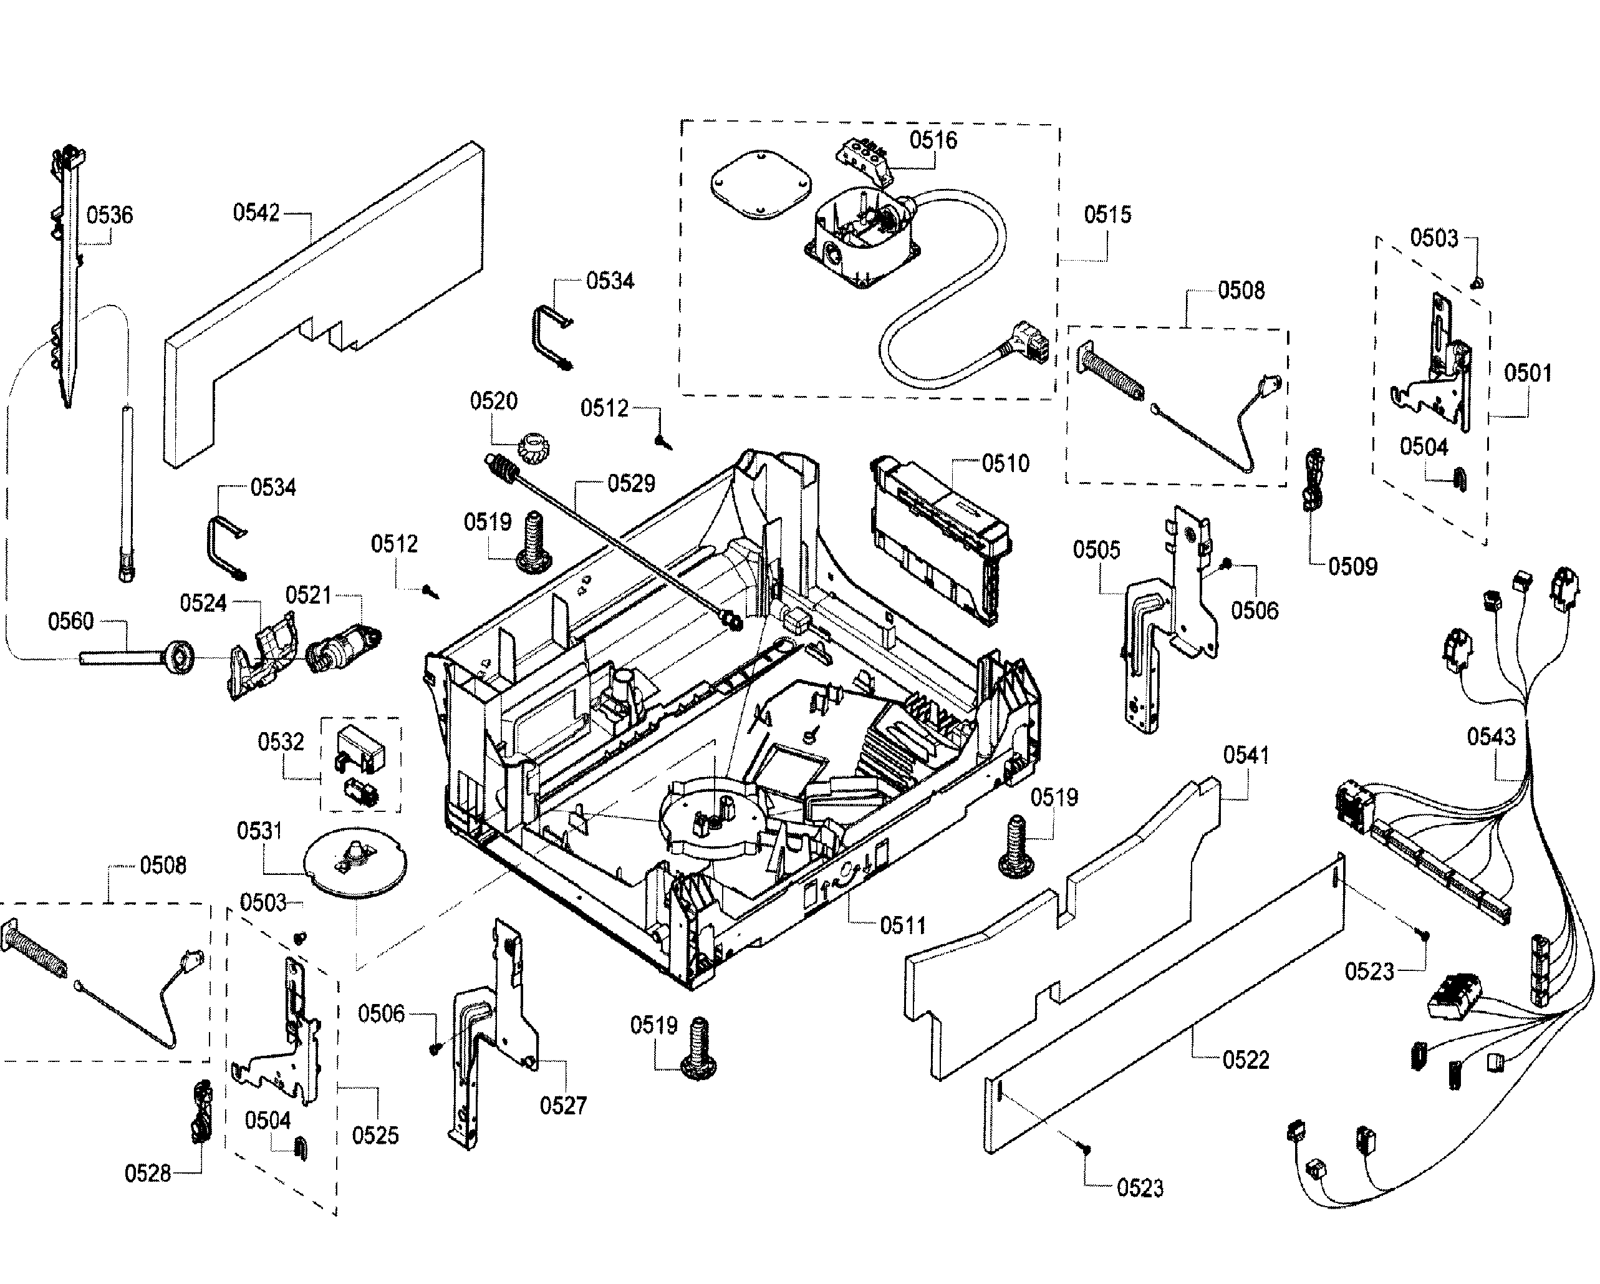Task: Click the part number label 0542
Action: click(x=256, y=213)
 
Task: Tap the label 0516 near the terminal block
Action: click(x=933, y=140)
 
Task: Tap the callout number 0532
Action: click(x=281, y=741)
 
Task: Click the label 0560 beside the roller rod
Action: click(x=70, y=620)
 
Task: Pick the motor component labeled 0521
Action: click(x=343, y=648)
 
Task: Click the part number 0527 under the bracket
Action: click(x=562, y=1106)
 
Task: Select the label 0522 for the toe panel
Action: click(x=1245, y=1060)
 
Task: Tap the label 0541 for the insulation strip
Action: click(x=1246, y=756)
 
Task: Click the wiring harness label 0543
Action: click(x=1490, y=737)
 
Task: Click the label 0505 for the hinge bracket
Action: click(x=1096, y=550)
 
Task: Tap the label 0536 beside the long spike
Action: click(x=110, y=215)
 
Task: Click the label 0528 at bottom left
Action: click(x=147, y=1174)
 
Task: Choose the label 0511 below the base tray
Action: click(x=902, y=925)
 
